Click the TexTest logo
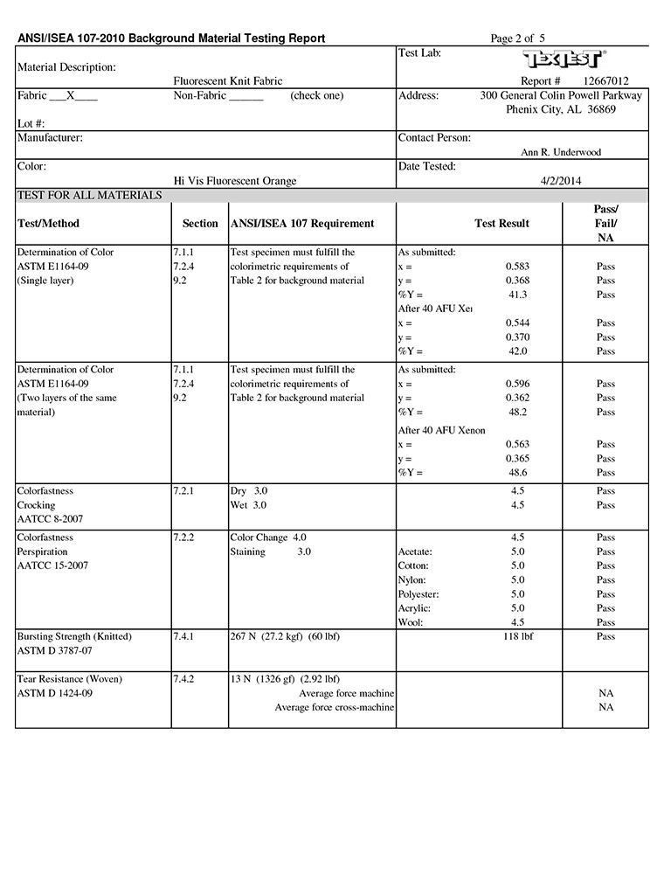[564, 59]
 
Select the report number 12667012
[605, 81]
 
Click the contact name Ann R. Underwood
[561, 152]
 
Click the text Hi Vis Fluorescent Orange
[235, 181]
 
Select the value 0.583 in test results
[517, 267]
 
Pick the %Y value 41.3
[517, 295]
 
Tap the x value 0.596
[517, 384]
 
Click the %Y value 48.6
[517, 473]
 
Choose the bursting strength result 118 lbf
[518, 636]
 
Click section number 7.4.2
[183, 679]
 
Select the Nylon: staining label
[412, 580]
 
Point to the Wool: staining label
[411, 622]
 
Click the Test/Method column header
[48, 224]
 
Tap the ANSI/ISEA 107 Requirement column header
[302, 224]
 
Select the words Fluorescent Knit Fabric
[228, 81]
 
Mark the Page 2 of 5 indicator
[518, 38]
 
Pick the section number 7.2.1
[183, 491]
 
